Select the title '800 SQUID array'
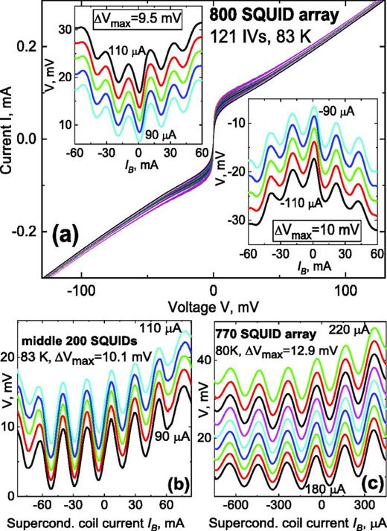coord(266,14)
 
